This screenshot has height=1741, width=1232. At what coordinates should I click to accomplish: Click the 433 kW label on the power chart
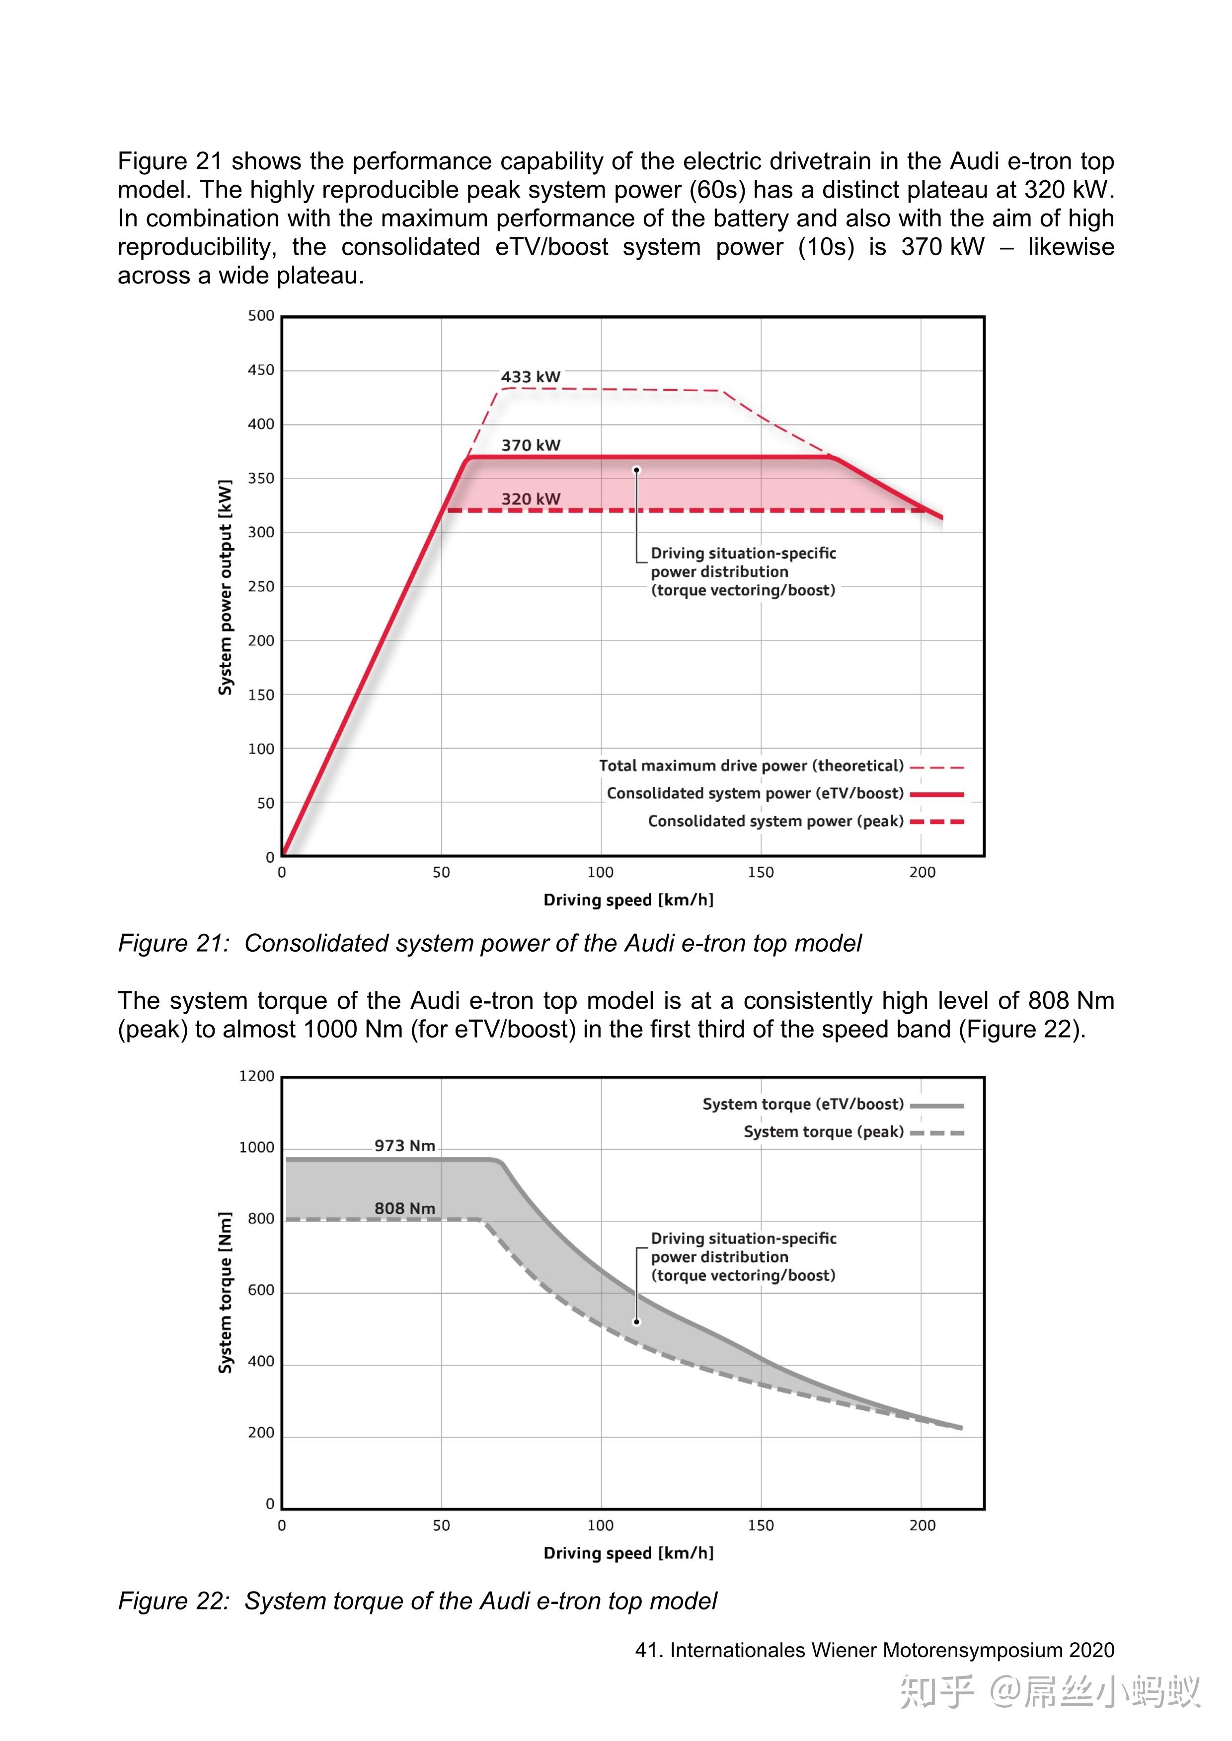coord(530,377)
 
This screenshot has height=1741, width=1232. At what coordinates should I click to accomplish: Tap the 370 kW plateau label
coord(530,445)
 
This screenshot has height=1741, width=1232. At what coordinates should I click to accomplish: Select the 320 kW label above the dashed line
coord(530,499)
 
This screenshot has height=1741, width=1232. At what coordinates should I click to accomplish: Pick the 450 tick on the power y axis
coord(261,370)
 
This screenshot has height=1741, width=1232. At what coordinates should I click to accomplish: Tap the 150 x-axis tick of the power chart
coord(761,872)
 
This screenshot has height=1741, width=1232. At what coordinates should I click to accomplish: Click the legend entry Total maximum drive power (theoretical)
coord(751,766)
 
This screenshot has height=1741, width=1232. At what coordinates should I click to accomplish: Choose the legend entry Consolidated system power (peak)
coord(775,821)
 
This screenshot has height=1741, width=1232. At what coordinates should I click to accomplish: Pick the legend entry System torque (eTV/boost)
coord(803,1104)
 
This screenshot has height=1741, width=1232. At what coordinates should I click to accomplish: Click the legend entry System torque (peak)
coord(823,1131)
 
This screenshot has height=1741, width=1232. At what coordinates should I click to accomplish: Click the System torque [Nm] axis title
coord(226,1292)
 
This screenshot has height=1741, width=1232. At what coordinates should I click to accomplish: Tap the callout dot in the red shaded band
coord(636,470)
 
